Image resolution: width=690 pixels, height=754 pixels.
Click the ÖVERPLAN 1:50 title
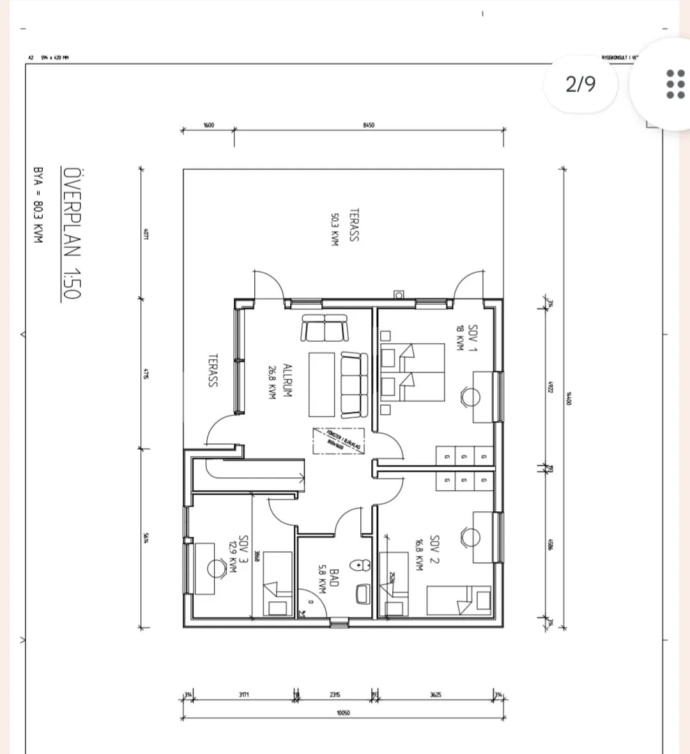72,233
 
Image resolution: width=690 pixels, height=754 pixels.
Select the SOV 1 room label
473,337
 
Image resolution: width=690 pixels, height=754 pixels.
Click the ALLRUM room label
287,381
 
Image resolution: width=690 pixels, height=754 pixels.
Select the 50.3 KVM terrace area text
334,229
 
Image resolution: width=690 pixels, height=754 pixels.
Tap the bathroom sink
362,594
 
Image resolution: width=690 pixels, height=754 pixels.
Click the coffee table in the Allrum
321,384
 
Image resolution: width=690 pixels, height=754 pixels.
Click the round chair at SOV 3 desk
214,568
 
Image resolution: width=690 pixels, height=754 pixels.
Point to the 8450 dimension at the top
368,125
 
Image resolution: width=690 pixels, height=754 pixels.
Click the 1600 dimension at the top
208,125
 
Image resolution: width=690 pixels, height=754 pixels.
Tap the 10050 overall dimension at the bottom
342,712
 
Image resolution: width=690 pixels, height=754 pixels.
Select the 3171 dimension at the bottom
243,695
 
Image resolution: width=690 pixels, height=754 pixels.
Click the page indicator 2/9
580,84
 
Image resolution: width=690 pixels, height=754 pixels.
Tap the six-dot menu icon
671,84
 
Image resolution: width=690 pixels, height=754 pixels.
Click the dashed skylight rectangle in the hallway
338,441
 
